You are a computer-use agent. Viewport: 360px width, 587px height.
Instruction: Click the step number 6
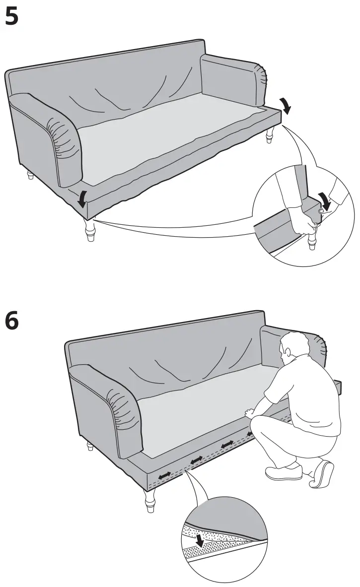click(11, 321)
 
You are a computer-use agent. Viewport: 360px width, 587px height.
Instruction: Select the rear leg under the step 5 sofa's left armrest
click(30, 175)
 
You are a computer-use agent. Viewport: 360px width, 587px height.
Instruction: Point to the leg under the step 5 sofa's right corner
click(270, 135)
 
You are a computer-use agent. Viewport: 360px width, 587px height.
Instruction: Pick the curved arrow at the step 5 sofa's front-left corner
click(82, 197)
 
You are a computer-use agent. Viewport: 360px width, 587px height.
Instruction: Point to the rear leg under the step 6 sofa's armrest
click(90, 446)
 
